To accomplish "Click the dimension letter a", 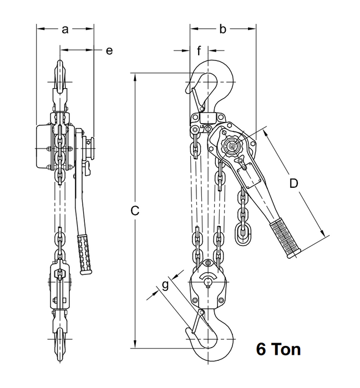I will click(x=65, y=30).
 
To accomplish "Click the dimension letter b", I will click(x=222, y=30).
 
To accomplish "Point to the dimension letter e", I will click(x=109, y=50).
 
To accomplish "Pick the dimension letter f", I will click(x=199, y=51).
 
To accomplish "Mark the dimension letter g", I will click(x=164, y=285).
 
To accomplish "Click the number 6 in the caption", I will click(x=261, y=350).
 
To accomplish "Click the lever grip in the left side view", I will click(x=85, y=252).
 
